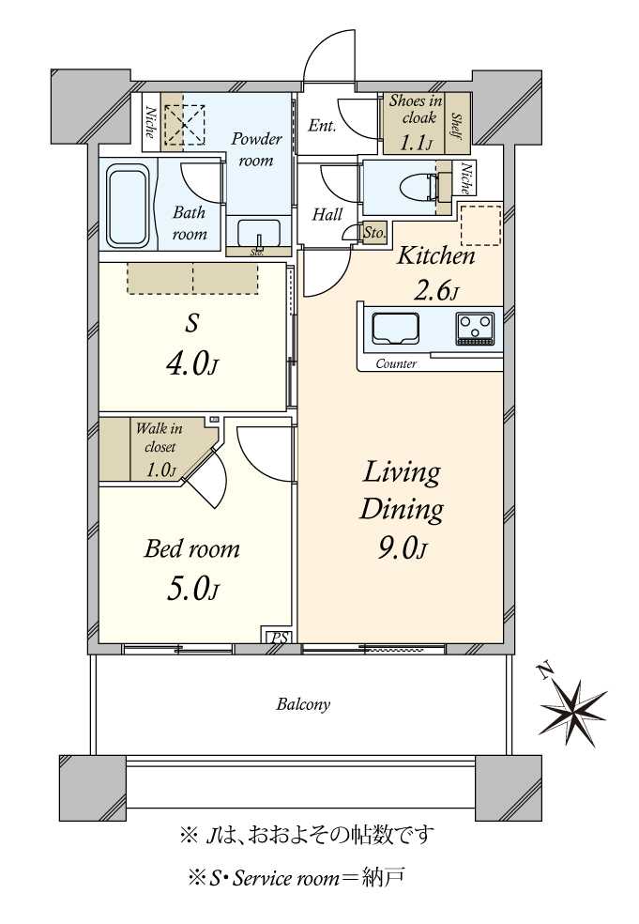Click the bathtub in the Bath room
coord(128,205)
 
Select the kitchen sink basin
coord(395,329)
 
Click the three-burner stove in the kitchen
coord(475,329)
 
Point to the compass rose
coord(571,712)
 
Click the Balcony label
coord(303,704)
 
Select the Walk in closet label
coord(160,438)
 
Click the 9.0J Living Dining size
coord(403,548)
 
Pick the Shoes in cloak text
coord(417,109)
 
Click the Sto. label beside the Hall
coord(374,233)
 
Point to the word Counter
coord(396,364)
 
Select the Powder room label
coord(256,149)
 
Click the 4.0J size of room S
coord(192,365)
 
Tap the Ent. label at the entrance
coord(322,126)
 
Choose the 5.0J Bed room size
coord(192,589)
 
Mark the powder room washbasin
coord(259,234)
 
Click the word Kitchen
coord(436,255)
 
